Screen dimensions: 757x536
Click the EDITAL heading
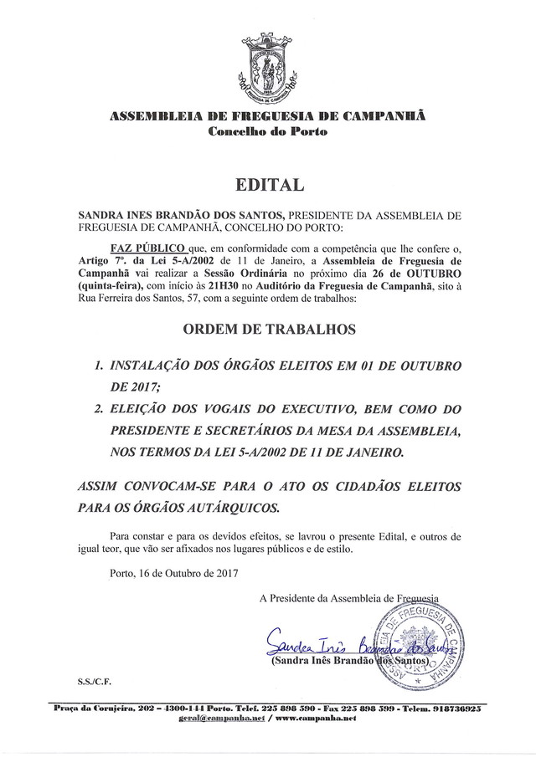click(267, 182)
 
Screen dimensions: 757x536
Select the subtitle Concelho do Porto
click(268, 133)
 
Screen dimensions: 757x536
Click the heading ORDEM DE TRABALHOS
click(267, 330)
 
